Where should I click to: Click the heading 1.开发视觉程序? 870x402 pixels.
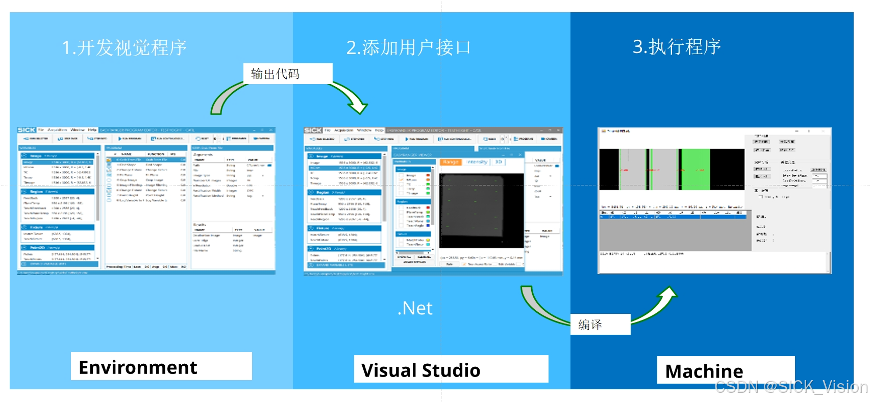pos(124,47)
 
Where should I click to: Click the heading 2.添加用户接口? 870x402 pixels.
pos(408,47)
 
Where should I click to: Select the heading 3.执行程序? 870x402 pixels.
pos(677,46)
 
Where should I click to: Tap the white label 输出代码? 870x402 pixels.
pos(276,74)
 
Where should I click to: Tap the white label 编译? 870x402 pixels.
pos(590,325)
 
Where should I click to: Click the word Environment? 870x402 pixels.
pos(138,367)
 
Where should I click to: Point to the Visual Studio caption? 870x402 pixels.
pos(421,370)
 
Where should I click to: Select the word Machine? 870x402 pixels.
pos(704,371)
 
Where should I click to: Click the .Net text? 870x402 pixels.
pos(415,308)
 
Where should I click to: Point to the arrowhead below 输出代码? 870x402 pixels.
pos(358,107)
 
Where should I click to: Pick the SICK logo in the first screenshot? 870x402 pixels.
pos(27,130)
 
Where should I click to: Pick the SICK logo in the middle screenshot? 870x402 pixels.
pos(313,130)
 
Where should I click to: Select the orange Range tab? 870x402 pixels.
pos(451,162)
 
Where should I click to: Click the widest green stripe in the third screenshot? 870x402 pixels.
pos(695,169)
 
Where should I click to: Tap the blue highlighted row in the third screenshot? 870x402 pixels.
pos(674,217)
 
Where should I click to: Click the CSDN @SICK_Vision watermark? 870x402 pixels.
pos(791,387)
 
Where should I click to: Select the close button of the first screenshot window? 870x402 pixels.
pos(271,130)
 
